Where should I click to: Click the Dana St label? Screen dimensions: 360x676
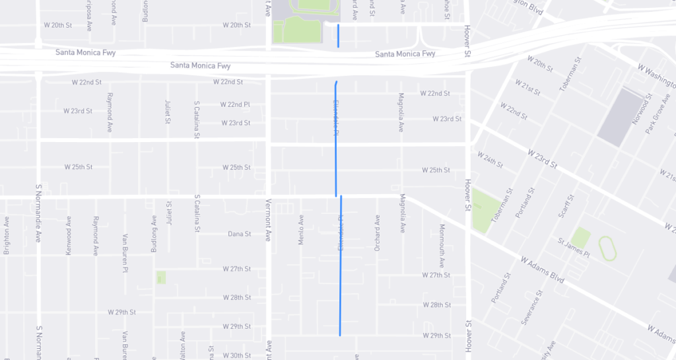coord(240,234)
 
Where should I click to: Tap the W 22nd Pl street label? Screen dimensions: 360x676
coord(236,104)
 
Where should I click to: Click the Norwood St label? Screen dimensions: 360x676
coord(637,110)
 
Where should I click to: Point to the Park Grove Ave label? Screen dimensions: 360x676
coord(658,114)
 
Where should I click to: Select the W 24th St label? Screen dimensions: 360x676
coord(490,159)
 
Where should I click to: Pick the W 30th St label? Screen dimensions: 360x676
coord(237,355)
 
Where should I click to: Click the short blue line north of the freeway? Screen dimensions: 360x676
coord(339,36)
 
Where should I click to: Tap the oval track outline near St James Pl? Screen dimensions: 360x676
coord(609,248)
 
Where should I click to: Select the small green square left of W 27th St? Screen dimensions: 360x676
coord(161,277)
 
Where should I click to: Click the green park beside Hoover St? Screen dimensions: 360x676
coord(486,212)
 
